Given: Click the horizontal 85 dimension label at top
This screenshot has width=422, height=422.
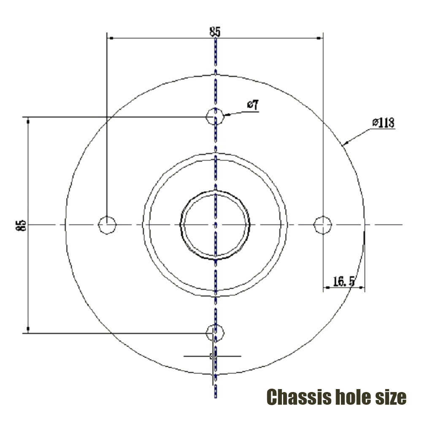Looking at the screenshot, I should click(x=215, y=31).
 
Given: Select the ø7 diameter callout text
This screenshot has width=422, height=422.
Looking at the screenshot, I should click(x=253, y=105).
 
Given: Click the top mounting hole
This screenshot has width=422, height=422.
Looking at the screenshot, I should click(x=215, y=115).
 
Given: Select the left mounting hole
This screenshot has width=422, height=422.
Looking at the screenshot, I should click(x=107, y=225).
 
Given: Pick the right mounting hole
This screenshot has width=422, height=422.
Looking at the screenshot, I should click(x=322, y=225).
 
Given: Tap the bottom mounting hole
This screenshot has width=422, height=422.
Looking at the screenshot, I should click(x=215, y=333).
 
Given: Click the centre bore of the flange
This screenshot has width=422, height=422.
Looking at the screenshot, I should click(x=215, y=225).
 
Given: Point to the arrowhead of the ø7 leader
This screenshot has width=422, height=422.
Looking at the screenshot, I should click(x=226, y=114).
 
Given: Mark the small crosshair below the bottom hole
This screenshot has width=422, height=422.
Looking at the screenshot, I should click(x=213, y=357).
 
